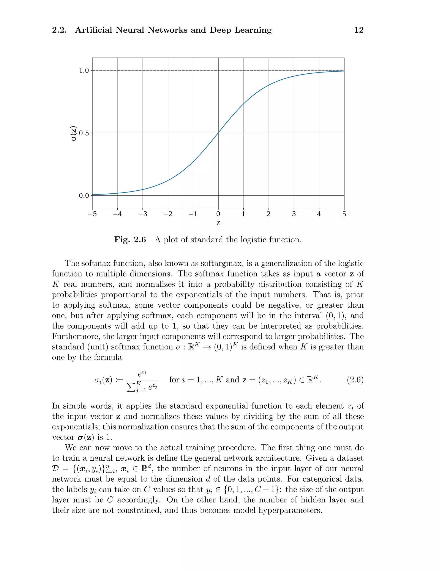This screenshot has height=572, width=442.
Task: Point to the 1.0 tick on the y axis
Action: pyautogui.click(x=84, y=70)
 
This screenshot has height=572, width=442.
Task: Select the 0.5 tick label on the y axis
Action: pyautogui.click(x=84, y=133)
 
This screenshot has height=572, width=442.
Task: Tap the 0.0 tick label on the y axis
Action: pyautogui.click(x=84, y=196)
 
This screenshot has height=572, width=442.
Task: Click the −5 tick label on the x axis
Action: pyautogui.click(x=92, y=214)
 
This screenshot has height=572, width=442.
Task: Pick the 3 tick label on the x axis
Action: pyautogui.click(x=294, y=214)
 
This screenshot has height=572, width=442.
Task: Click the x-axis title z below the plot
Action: pyautogui.click(x=218, y=223)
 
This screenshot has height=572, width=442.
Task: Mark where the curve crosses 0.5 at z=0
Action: pyautogui.click(x=218, y=133)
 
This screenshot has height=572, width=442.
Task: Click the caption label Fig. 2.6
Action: pyautogui.click(x=130, y=240)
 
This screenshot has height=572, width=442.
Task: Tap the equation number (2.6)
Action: pyautogui.click(x=355, y=379)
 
